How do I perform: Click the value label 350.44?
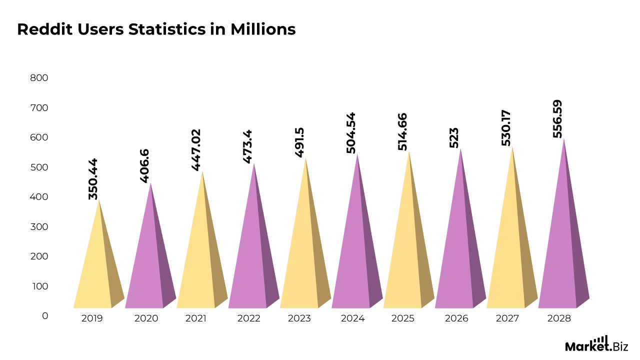tap(93, 179)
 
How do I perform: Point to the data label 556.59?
tap(557, 119)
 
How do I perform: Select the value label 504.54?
tap(351, 132)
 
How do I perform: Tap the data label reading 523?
tap(454, 137)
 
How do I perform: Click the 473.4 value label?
tap(247, 146)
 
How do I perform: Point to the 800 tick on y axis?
tap(39, 78)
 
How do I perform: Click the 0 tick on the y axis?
tap(45, 316)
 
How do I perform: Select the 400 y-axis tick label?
tap(39, 197)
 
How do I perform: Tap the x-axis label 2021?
tap(195, 318)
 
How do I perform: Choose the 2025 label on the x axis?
tap(402, 318)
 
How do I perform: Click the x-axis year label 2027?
tap(507, 318)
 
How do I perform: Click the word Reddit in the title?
tap(45, 29)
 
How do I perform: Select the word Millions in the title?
tap(263, 29)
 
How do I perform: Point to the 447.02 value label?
tap(196, 150)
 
